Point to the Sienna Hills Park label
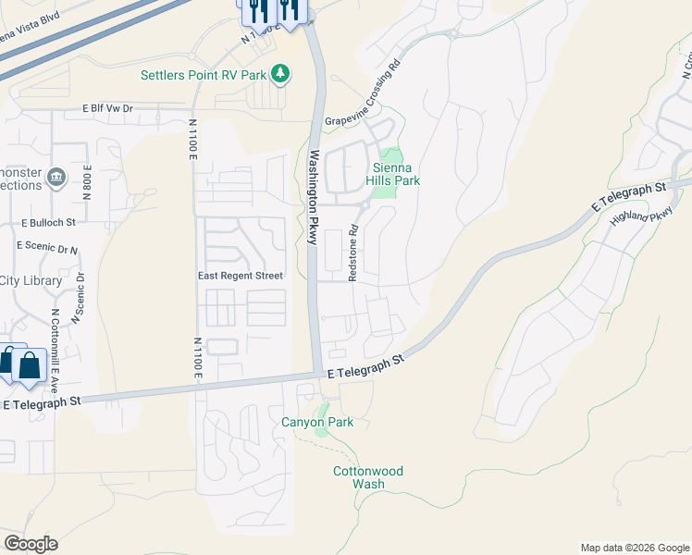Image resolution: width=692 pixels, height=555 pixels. [x=396, y=174]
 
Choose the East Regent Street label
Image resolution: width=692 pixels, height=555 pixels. [x=241, y=276]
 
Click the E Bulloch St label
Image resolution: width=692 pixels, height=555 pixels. [x=48, y=223]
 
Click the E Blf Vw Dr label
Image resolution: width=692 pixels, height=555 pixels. [x=107, y=108]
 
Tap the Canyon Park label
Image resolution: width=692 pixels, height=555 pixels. [x=317, y=423]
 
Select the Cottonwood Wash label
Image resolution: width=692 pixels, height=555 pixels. [x=368, y=477]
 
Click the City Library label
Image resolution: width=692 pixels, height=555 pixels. [x=31, y=280]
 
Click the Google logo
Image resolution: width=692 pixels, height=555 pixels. [x=31, y=543]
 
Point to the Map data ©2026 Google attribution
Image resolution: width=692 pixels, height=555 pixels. [x=634, y=548]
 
